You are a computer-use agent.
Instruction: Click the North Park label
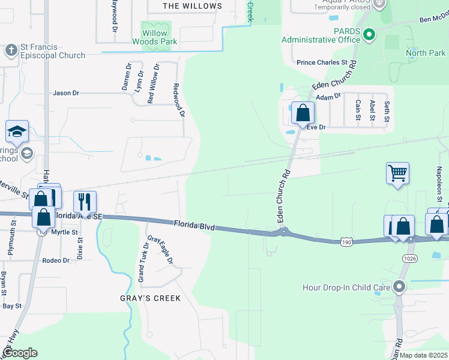tap(426, 53)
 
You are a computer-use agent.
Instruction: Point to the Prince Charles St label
tap(322, 62)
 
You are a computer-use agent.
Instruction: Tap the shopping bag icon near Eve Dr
tap(304, 112)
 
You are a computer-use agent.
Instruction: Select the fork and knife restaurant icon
tap(85, 202)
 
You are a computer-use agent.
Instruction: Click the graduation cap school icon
tap(17, 131)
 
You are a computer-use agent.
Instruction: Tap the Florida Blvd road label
tap(194, 225)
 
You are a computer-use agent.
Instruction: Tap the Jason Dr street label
tap(66, 93)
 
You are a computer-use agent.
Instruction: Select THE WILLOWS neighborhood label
tap(192, 6)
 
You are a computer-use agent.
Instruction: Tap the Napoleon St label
tap(439, 190)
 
